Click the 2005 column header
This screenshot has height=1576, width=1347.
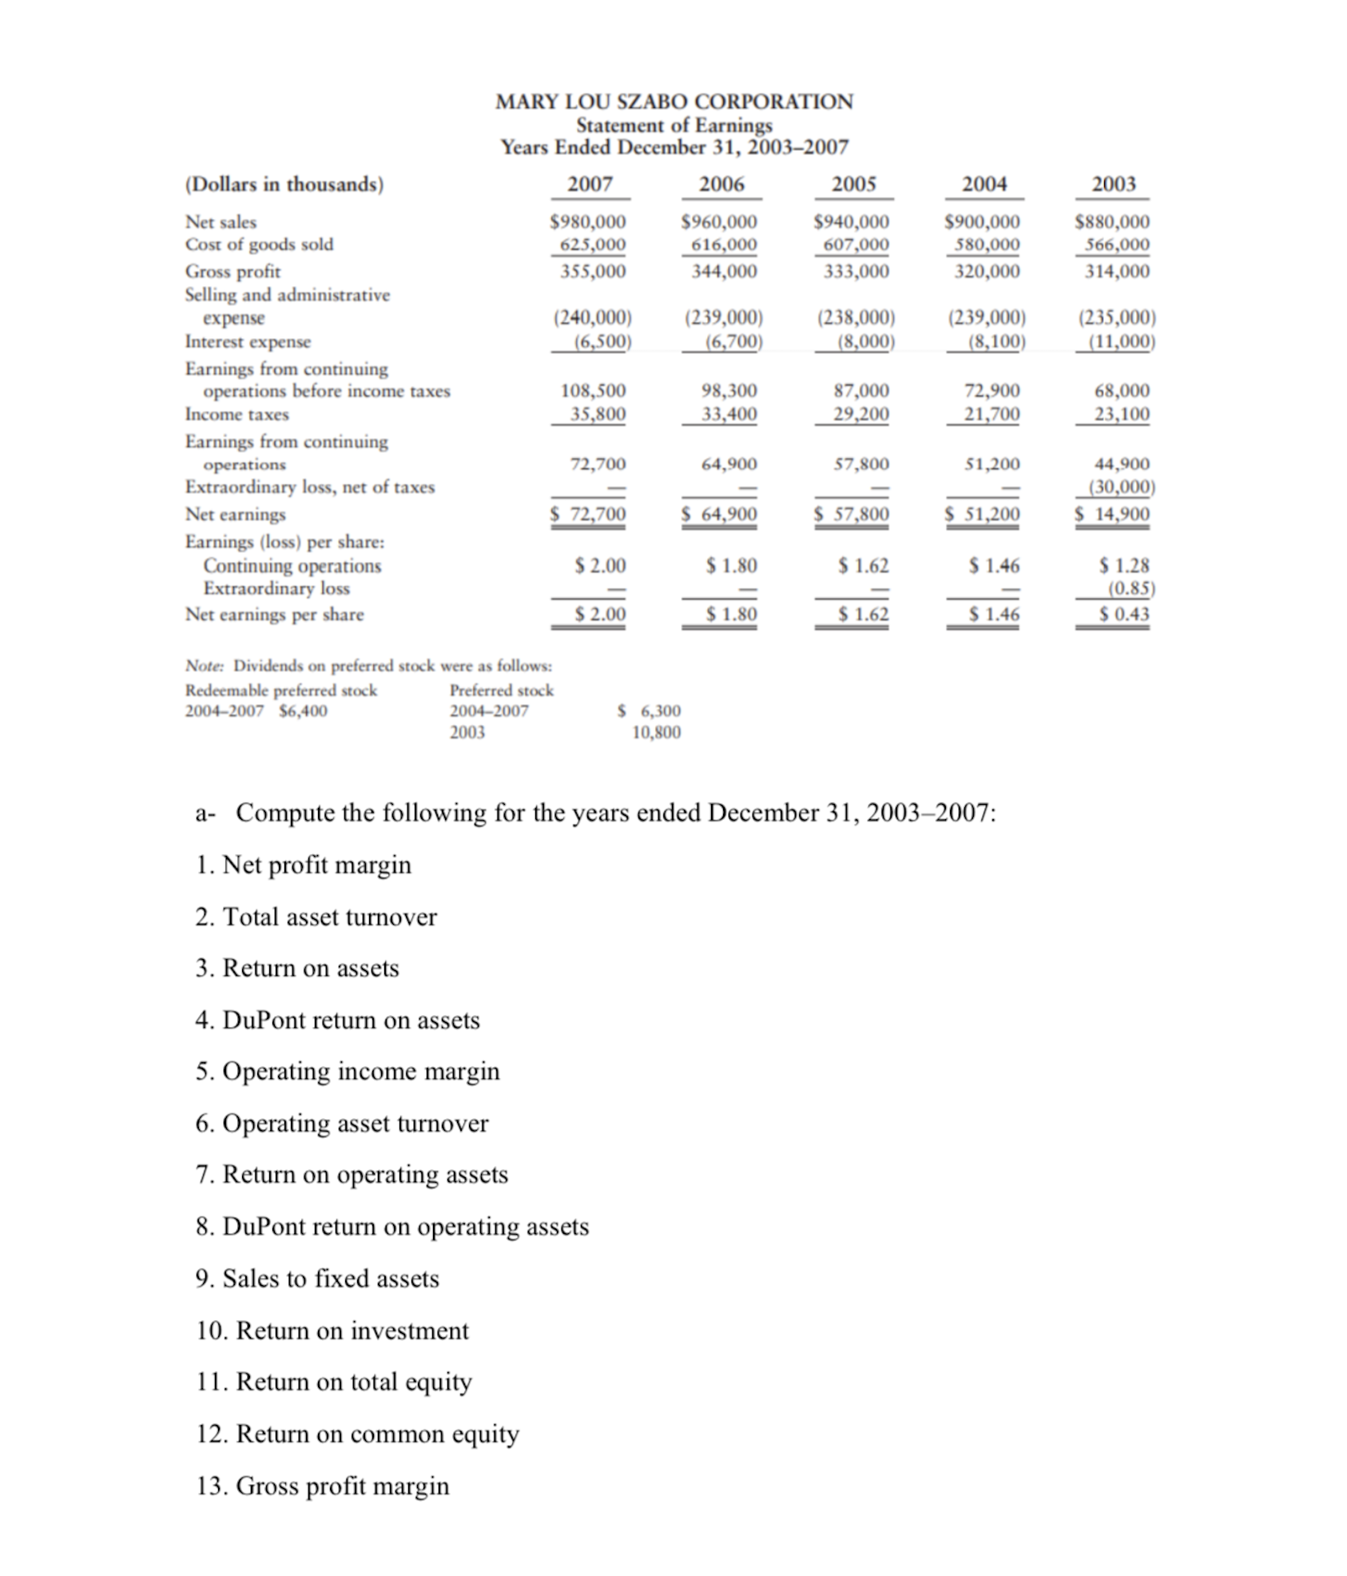853,184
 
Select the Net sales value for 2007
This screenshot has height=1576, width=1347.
588,221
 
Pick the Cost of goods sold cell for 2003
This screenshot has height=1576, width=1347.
1116,245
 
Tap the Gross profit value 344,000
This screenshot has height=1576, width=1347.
723,272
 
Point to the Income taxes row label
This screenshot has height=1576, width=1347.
236,414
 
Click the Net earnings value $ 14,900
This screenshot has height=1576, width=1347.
1113,514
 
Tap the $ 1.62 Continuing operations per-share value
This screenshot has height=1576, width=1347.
863,566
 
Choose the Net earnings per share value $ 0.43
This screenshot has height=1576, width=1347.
1123,615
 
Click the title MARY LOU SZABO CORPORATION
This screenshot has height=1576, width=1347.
673,101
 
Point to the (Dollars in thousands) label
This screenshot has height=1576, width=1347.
284,185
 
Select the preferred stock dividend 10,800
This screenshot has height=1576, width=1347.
656,732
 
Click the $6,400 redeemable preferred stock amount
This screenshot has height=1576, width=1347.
303,710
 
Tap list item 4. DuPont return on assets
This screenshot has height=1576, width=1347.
337,1020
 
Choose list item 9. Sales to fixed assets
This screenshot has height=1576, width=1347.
317,1278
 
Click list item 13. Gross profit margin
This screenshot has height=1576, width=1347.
323,1485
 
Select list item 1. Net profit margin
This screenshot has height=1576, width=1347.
304,865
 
